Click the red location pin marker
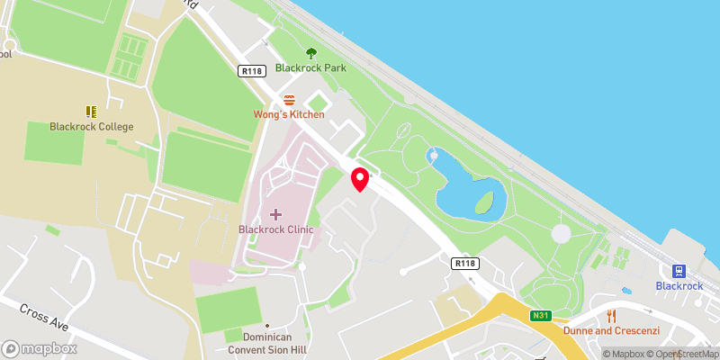[360, 178]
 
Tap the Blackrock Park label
[311, 67]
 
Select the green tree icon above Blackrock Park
[311, 53]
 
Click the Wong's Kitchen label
[289, 114]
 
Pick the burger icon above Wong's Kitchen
[289, 100]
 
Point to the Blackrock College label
[92, 127]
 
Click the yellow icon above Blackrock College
[91, 112]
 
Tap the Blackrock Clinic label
[275, 229]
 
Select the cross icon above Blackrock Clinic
[275, 214]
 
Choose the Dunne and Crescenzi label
[611, 330]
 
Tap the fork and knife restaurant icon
[612, 315]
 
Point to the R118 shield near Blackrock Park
[250, 70]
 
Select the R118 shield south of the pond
[464, 263]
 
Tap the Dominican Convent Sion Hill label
[266, 343]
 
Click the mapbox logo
[40, 348]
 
